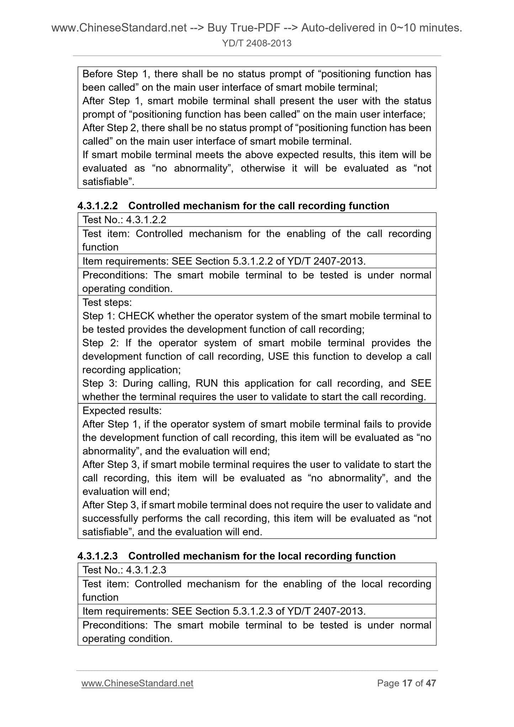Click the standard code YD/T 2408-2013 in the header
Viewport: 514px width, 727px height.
tap(257, 43)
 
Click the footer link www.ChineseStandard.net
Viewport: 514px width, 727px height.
tap(137, 683)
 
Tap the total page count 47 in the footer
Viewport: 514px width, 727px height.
tap(431, 683)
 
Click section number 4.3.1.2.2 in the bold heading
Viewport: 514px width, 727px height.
tap(97, 206)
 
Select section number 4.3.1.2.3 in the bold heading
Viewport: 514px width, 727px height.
tap(97, 556)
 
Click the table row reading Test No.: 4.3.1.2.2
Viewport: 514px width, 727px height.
tap(124, 220)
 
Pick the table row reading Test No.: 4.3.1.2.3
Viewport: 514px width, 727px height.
tap(124, 570)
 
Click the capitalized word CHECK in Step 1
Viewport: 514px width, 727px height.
tap(137, 316)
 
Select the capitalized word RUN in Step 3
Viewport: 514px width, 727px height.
tap(207, 383)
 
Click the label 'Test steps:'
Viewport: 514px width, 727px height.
tap(107, 303)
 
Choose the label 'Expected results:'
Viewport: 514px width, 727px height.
tap(122, 411)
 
